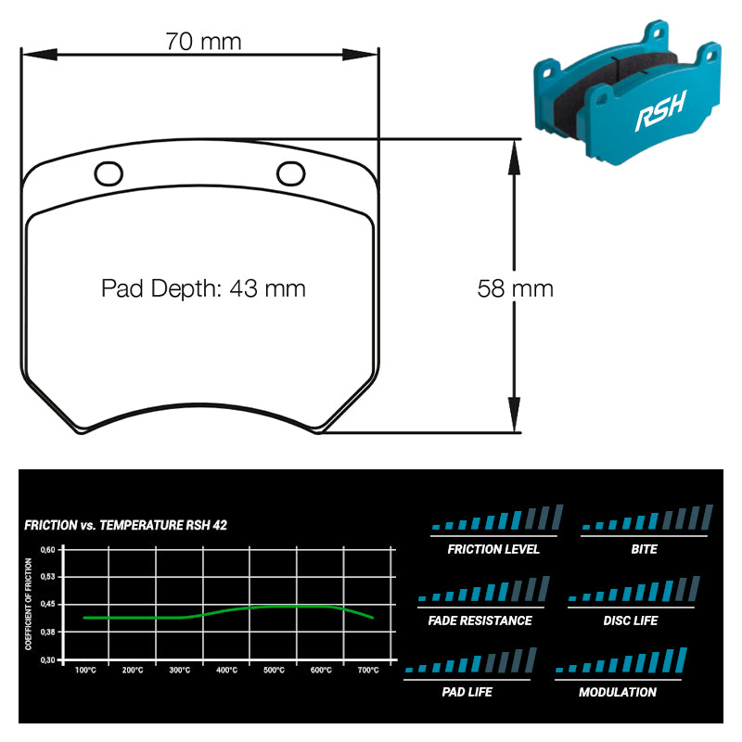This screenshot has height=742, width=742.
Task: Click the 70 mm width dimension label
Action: (x=203, y=41)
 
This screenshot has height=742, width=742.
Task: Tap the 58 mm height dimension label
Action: (x=516, y=288)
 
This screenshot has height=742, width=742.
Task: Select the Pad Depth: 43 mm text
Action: (x=203, y=288)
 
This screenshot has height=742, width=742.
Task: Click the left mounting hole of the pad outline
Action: (x=109, y=173)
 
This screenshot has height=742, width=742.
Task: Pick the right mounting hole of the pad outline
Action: (x=290, y=173)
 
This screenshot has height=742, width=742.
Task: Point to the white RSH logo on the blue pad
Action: (x=660, y=111)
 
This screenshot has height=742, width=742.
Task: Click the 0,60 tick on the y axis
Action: (x=48, y=550)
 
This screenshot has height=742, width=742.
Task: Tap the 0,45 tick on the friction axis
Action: (x=48, y=605)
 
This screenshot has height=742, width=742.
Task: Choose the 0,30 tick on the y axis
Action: (x=48, y=659)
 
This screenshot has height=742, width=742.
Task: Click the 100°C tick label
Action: (x=85, y=670)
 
